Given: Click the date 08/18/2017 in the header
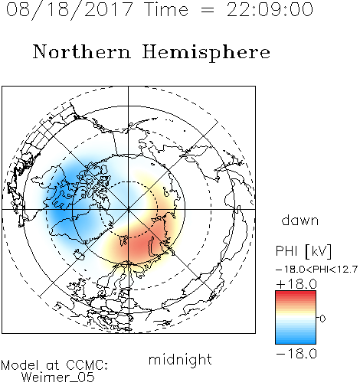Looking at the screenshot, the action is tap(69, 10).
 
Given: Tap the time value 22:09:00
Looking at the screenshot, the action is tap(270, 9).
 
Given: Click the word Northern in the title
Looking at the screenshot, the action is tap(82, 52).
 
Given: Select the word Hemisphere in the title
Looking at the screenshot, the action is tap(206, 53).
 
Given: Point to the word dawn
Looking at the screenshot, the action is tap(300, 221).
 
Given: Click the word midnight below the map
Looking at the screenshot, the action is tap(180, 360).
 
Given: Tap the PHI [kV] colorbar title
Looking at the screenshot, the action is tap(303, 251).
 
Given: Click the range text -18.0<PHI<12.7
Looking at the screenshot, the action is tap(316, 270).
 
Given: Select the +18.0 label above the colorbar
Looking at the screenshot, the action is tap(296, 284).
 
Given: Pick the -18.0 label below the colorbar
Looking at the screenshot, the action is tap(296, 354).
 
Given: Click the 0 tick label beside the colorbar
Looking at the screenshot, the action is tap(322, 319).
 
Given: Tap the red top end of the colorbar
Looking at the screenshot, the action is tap(296, 293).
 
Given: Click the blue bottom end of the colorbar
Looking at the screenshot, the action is tap(296, 342).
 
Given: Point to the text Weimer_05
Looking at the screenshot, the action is tap(58, 378).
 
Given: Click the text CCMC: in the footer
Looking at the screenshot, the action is tap(87, 365).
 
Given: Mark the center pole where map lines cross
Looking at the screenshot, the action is tap(129, 210).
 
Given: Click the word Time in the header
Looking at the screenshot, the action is tap(166, 9).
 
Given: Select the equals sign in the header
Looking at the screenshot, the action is tap(208, 10).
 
